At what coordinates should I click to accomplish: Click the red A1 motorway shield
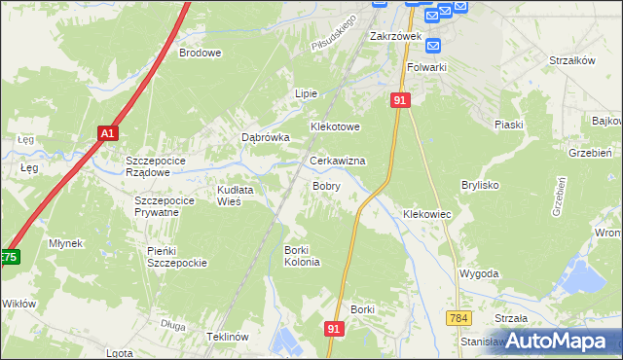point(107,133)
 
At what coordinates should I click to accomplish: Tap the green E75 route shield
point(8,258)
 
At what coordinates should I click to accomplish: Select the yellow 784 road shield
point(460,318)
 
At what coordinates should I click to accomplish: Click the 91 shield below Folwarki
point(400,100)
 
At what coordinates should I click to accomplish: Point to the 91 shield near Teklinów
point(334,330)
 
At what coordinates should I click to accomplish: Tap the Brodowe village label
point(200,54)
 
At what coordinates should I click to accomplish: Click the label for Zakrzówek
point(394,36)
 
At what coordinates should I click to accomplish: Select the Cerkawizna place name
point(337,161)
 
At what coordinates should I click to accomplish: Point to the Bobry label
point(326,185)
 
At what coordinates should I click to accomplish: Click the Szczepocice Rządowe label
point(162,165)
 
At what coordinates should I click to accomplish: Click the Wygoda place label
point(479,275)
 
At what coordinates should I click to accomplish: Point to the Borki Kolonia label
point(302,256)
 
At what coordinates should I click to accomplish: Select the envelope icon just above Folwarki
point(434,45)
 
